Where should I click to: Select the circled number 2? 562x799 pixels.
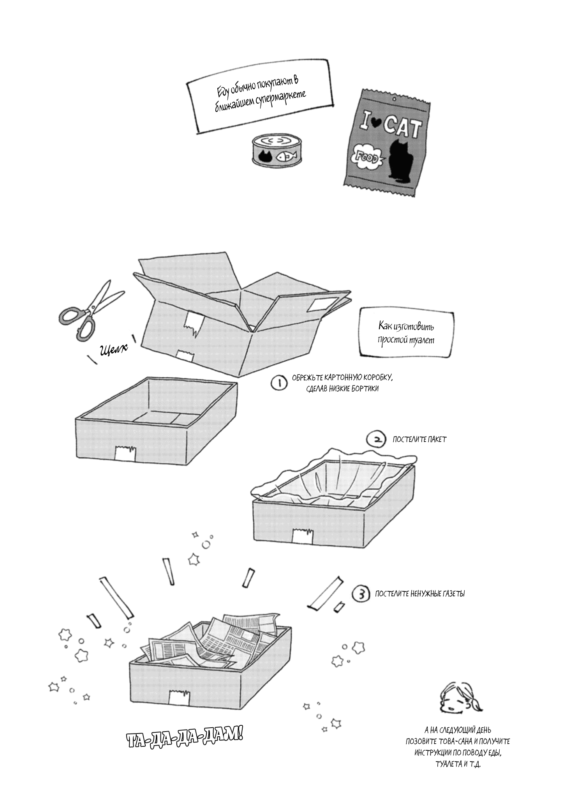click(x=375, y=439)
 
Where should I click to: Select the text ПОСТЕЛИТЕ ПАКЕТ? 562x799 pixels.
click(x=419, y=440)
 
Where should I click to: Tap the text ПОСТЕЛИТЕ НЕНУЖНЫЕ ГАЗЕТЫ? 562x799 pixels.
click(x=420, y=605)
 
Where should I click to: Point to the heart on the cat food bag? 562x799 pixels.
click(x=375, y=125)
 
